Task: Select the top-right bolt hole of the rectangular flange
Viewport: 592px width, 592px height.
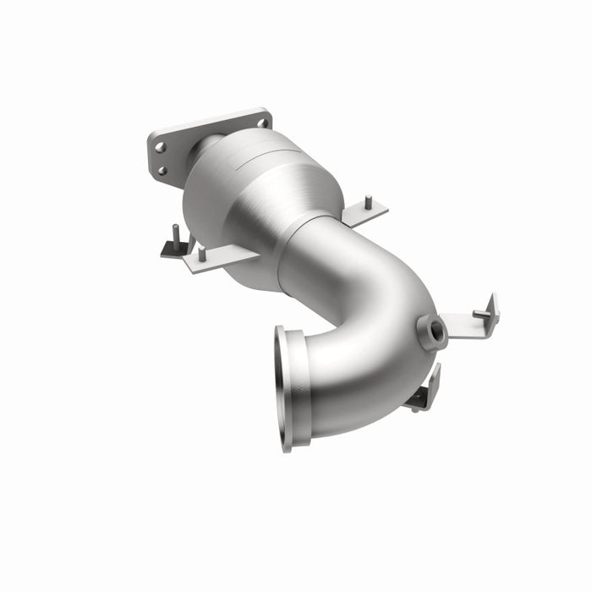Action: click(262, 123)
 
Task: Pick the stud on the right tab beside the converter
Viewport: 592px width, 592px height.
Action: click(369, 203)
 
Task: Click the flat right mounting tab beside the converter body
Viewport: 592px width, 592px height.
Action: click(365, 213)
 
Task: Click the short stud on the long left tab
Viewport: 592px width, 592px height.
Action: click(201, 253)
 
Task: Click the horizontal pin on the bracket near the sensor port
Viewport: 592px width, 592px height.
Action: click(480, 314)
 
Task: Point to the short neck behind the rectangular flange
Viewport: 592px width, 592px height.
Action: click(203, 152)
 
